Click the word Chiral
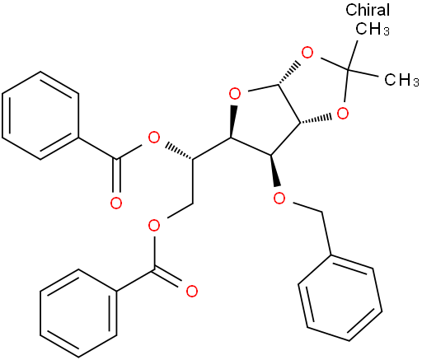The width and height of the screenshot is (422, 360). (368, 10)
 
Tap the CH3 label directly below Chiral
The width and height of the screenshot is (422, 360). (373, 28)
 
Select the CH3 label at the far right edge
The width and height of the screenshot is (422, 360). (401, 80)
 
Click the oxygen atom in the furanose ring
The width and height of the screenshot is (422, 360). (235, 94)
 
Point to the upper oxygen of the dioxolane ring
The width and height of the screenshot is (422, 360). (307, 53)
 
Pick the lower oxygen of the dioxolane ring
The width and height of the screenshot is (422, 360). (342, 113)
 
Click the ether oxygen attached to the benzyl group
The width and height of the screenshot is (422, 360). (279, 198)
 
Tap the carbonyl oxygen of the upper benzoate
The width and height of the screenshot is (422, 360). (116, 203)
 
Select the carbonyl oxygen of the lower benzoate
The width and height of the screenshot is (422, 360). (191, 291)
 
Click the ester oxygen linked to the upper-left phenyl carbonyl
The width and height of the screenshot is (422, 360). (153, 138)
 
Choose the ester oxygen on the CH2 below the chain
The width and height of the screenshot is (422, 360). (154, 226)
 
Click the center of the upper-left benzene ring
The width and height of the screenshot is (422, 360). (40, 115)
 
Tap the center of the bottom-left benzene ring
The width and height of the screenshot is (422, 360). (78, 313)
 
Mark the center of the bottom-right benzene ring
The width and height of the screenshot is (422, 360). (340, 298)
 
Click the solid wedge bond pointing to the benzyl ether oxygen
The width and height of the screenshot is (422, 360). (274, 171)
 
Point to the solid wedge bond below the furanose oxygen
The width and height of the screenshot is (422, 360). (233, 121)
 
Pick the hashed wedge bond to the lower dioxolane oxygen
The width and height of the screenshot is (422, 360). (316, 119)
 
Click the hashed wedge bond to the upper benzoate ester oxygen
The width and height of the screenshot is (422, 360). (179, 152)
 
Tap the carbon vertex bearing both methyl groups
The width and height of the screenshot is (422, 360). (349, 68)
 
